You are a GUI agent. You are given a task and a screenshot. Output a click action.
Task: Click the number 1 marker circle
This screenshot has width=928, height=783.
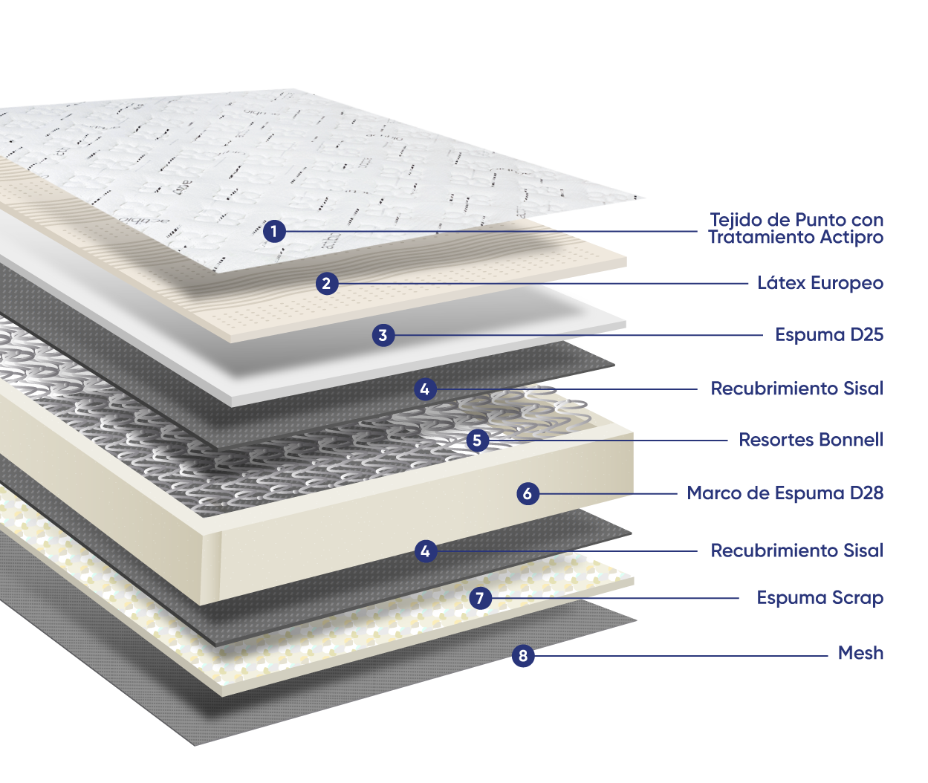(274, 231)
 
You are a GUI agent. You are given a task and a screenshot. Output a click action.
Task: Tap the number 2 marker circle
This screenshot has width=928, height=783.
(327, 283)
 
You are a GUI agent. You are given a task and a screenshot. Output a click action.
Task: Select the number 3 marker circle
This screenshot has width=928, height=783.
(383, 335)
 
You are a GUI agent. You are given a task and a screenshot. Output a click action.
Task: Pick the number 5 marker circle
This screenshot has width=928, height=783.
(477, 441)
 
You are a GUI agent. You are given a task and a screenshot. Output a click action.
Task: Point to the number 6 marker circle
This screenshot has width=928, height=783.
(528, 493)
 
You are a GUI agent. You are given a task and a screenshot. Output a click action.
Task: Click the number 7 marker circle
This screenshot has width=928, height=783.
(481, 598)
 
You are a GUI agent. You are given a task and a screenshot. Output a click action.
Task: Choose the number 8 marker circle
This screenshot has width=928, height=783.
(523, 655)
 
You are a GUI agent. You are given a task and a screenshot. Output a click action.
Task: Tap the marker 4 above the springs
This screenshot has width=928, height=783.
(425, 389)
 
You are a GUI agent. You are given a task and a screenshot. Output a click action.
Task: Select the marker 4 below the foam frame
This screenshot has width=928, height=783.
(425, 551)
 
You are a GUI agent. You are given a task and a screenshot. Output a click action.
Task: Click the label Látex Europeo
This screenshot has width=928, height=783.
(820, 283)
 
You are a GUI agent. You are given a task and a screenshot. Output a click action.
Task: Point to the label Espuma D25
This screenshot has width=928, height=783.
(829, 335)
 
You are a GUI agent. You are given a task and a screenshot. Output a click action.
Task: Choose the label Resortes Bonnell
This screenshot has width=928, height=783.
(811, 440)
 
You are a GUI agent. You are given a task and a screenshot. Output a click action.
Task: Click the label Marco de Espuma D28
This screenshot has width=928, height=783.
(785, 493)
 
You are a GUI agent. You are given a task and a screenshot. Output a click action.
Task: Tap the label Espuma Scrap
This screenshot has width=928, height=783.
(820, 598)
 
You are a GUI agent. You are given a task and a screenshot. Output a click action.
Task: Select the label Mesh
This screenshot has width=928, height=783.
(860, 653)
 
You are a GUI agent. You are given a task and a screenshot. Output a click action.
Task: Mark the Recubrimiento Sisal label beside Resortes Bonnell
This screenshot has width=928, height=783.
(797, 389)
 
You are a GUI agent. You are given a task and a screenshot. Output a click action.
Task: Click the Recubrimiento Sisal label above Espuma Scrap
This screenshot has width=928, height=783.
(797, 550)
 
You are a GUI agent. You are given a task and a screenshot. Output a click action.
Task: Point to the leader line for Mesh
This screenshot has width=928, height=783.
(681, 655)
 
